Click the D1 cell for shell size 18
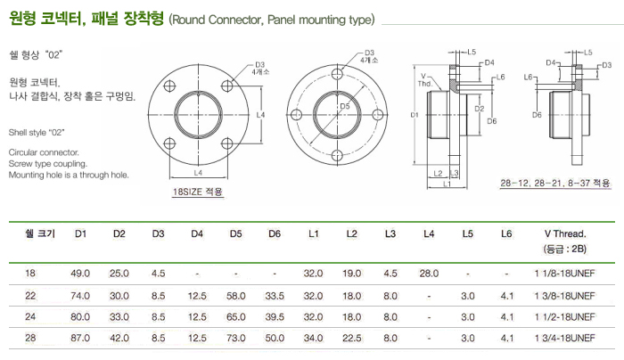click(80, 273)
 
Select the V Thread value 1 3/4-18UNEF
click(564, 338)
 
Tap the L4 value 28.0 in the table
click(429, 273)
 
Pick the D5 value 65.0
click(236, 316)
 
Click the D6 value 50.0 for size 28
click(275, 338)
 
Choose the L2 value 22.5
click(351, 338)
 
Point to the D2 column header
click(119, 233)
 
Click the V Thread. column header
click(563, 233)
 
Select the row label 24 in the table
click(32, 316)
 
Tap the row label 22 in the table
click(32, 294)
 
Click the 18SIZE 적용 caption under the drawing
click(197, 191)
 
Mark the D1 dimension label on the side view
click(415, 116)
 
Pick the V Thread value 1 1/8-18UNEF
click(564, 273)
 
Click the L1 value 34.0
click(313, 338)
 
